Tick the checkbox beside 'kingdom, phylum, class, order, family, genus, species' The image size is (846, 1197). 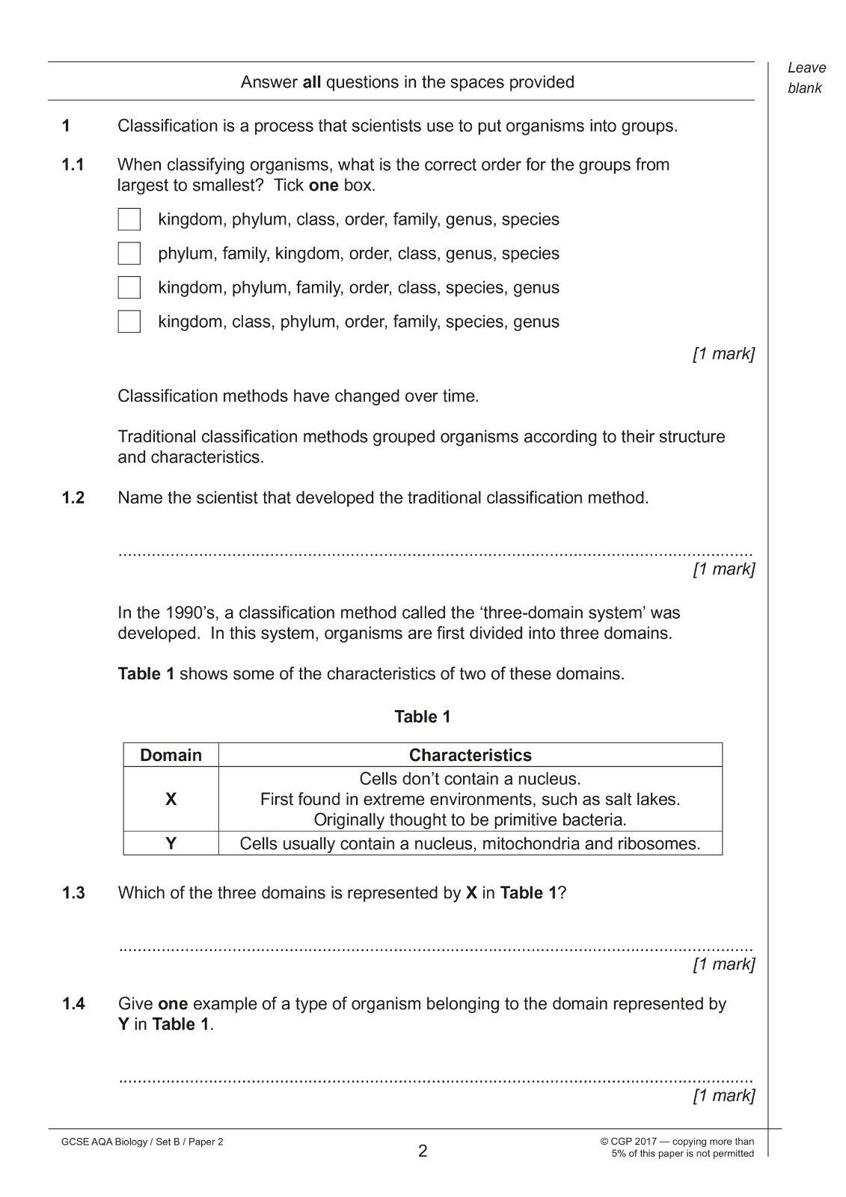[x=129, y=219]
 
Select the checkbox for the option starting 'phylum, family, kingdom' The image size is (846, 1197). [x=129, y=254]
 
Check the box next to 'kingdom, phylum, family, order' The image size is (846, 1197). [x=129, y=287]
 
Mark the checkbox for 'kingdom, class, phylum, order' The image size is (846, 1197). [x=129, y=322]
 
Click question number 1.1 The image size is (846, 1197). [x=73, y=165]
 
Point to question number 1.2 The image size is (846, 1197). [x=73, y=498]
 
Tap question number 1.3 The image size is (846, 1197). [x=73, y=893]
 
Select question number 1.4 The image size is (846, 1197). [x=73, y=1004]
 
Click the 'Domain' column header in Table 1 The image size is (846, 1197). [x=171, y=755]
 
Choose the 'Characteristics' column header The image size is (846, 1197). [x=470, y=755]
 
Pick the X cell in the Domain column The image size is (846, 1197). [x=171, y=799]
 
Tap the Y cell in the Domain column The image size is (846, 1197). [x=171, y=844]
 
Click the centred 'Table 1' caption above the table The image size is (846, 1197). [x=423, y=717]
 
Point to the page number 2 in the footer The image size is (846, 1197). [x=423, y=1151]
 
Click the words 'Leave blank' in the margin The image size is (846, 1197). [x=806, y=78]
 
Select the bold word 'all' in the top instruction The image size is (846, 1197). [x=311, y=82]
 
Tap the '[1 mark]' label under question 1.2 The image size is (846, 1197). [x=723, y=569]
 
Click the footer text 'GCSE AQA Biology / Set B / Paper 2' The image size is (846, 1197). [x=142, y=1142]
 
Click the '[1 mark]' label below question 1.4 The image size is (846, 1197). [x=723, y=1096]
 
